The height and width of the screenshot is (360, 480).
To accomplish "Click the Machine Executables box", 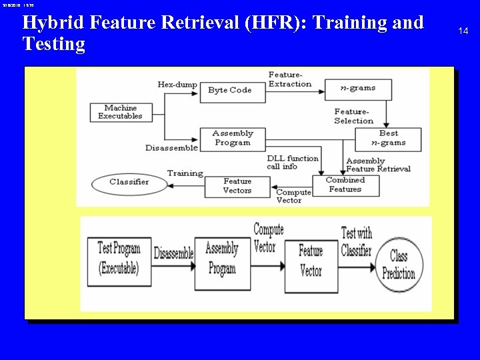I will tap(120, 112).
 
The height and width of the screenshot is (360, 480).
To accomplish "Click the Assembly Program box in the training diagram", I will tap(233, 138).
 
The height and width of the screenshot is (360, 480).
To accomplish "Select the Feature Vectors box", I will tap(237, 185).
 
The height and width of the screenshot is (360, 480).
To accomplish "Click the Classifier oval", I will tap(129, 181).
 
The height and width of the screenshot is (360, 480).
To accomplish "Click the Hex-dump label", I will tap(177, 85).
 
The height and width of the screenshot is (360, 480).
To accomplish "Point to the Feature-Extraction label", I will tap(289, 79).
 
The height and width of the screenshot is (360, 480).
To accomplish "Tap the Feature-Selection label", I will tap(353, 116).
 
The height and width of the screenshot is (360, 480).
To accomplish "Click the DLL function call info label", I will tap(291, 162).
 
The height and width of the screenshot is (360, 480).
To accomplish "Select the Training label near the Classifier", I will tap(185, 173).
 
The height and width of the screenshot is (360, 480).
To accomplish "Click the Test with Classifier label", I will tap(356, 241).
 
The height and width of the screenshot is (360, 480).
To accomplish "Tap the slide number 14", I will tap(463, 31).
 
